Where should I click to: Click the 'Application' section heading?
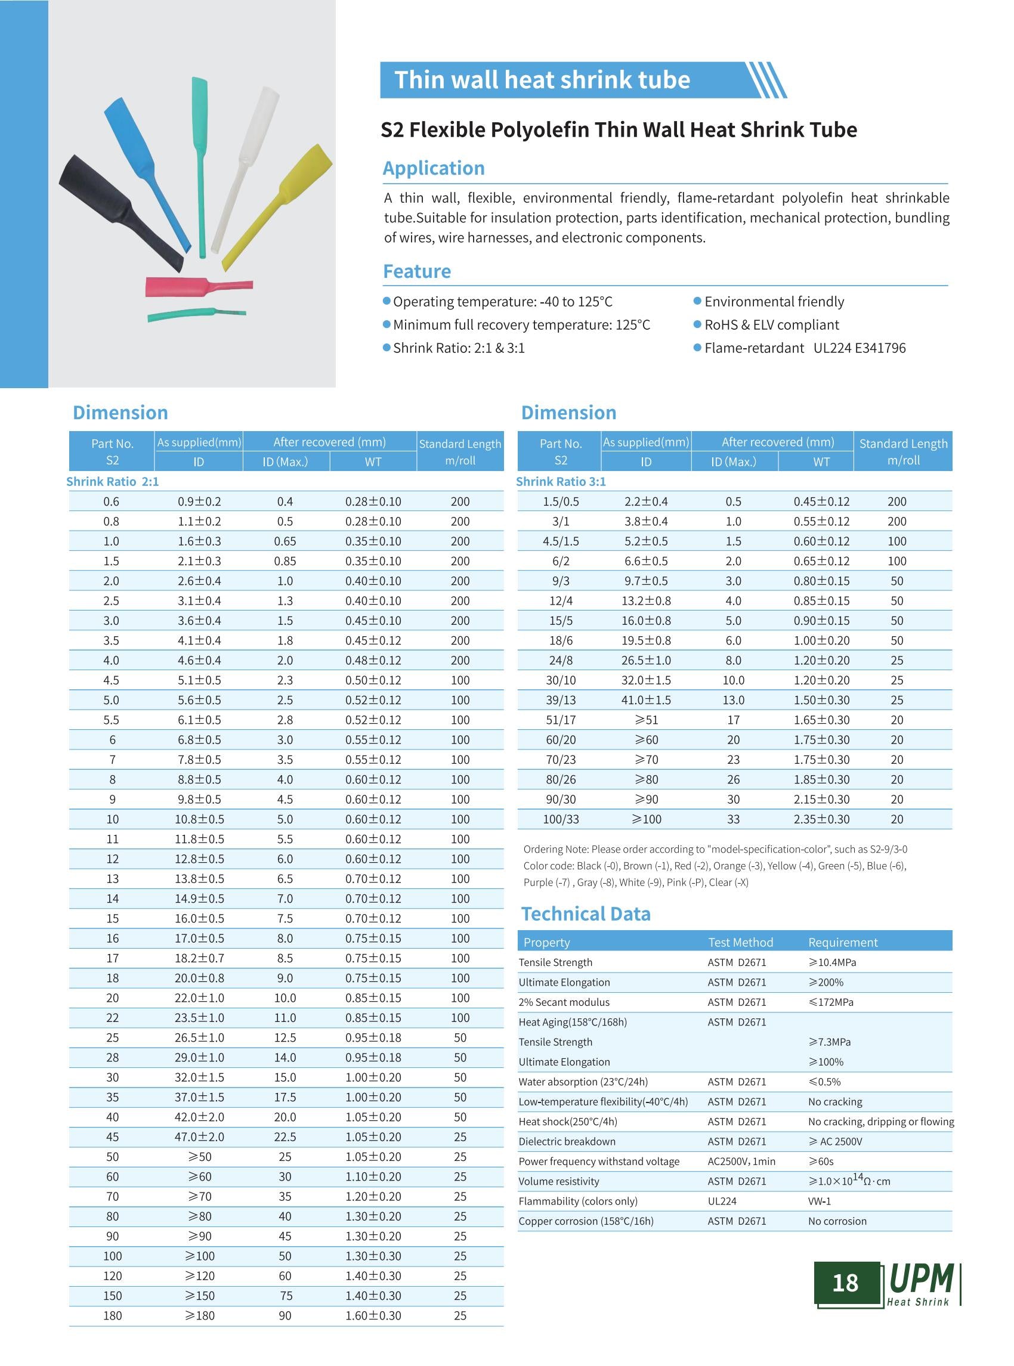click(x=434, y=168)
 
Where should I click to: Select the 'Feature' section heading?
click(x=417, y=271)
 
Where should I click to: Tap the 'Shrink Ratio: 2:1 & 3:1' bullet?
click(x=459, y=348)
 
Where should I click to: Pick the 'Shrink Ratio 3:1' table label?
click(x=561, y=482)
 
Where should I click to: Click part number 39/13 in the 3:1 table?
click(x=561, y=700)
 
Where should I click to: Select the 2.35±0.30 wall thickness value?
click(x=821, y=819)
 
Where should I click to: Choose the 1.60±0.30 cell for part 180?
click(x=373, y=1316)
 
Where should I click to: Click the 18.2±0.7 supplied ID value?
click(x=199, y=959)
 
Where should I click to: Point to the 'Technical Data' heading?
click(x=586, y=913)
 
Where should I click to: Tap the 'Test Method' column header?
click(x=740, y=942)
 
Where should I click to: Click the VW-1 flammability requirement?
click(x=820, y=1201)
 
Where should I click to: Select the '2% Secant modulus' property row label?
click(x=564, y=1002)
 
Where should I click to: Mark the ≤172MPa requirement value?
click(x=831, y=1002)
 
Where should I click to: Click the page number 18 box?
click(x=845, y=1283)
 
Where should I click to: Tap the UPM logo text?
click(x=922, y=1280)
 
